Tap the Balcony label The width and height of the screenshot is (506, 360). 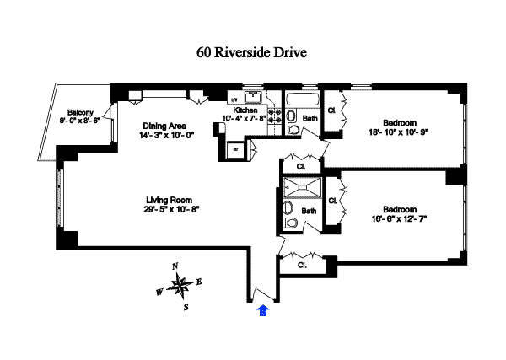pyautogui.click(x=80, y=112)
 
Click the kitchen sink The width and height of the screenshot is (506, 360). pyautogui.click(x=252, y=95)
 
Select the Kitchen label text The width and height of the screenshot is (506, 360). pyautogui.click(x=245, y=110)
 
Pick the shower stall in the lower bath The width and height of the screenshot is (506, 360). pyautogui.click(x=299, y=187)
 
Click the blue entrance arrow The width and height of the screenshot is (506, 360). pyautogui.click(x=263, y=311)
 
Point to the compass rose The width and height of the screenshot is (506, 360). pyautogui.click(x=180, y=287)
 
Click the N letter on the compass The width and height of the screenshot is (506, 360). pyautogui.click(x=175, y=266)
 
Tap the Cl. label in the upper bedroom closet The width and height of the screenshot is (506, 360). pyautogui.click(x=332, y=110)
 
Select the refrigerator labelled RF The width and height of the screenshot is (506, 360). pyautogui.click(x=236, y=148)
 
